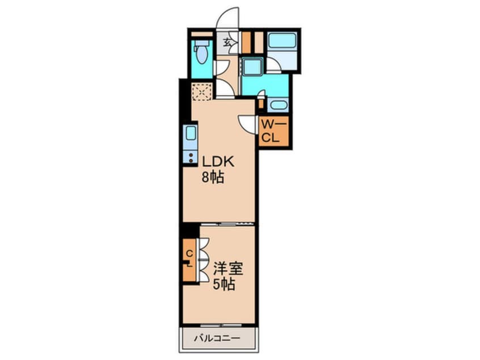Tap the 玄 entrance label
pos(226,42)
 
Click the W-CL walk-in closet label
pos(274,131)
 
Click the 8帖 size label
pos(210,177)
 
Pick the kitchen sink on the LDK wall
pos(191,135)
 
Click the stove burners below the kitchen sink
pos(190,157)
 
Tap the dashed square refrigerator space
pos(201,91)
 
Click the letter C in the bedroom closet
pos(190,253)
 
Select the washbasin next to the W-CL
pos(277,104)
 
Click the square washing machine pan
pos(251,66)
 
